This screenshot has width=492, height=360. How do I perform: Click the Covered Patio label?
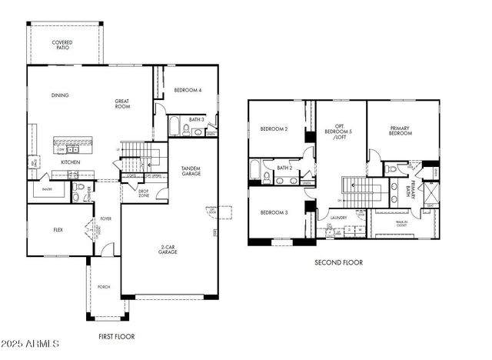pyautogui.click(x=62, y=45)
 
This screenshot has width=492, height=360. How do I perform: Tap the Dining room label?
pyautogui.click(x=60, y=95)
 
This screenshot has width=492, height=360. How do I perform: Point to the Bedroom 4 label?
pyautogui.click(x=188, y=89)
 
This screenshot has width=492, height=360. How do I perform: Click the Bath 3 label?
pyautogui.click(x=196, y=119)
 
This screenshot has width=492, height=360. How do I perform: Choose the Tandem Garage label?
pyautogui.click(x=191, y=171)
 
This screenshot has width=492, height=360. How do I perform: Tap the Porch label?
pyautogui.click(x=103, y=287)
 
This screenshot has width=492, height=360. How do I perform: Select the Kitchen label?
pyautogui.click(x=71, y=162)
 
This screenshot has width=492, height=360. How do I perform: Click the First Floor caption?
pyautogui.click(x=117, y=337)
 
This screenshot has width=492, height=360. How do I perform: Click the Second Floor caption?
pyautogui.click(x=338, y=262)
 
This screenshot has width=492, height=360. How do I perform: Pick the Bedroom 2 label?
pyautogui.click(x=274, y=128)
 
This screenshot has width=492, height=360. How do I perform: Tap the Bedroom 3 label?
pyautogui.click(x=274, y=212)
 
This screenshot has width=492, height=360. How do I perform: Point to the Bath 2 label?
pyautogui.click(x=284, y=167)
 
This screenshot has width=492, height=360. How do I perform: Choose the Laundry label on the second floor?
pyautogui.click(x=340, y=218)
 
